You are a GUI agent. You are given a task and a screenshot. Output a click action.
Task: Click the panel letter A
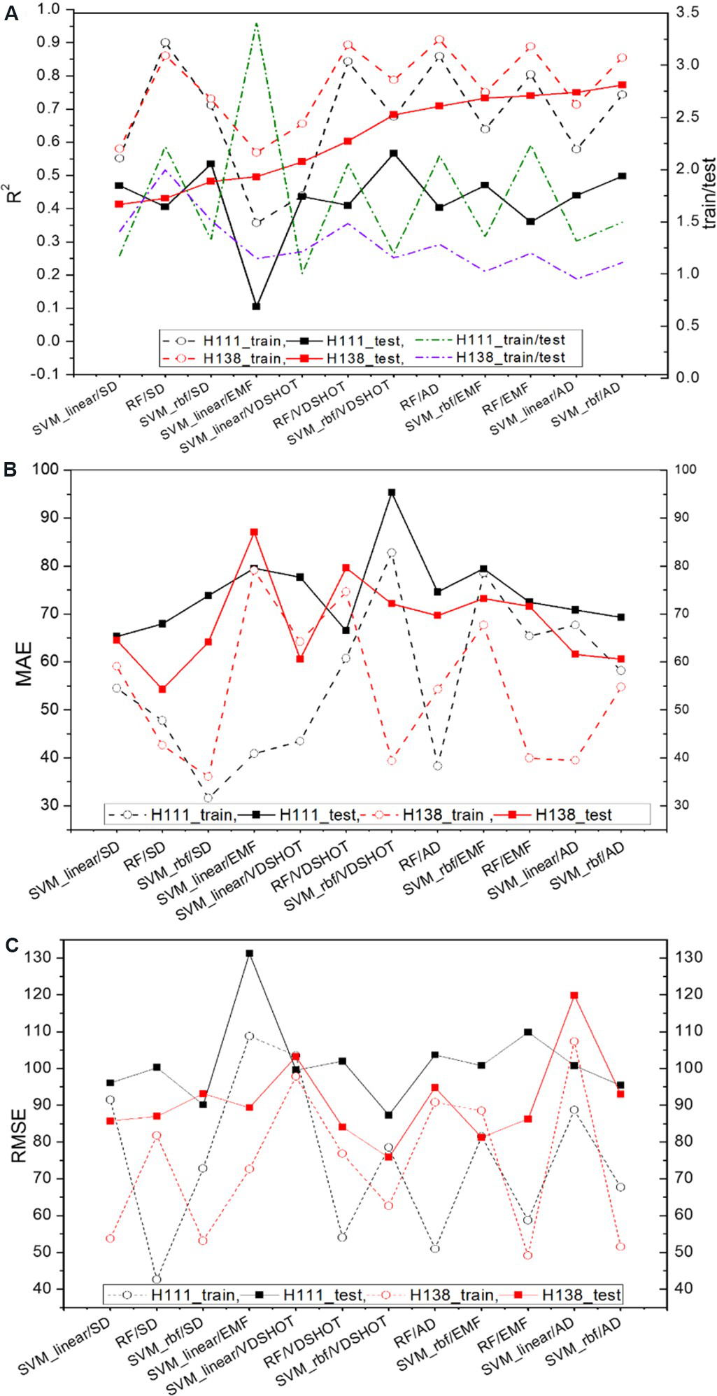point(11,13)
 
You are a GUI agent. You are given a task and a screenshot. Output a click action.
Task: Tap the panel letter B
point(10,470)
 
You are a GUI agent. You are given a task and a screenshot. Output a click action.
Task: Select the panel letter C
point(11,946)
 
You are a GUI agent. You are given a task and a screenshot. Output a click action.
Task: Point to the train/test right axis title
point(709,193)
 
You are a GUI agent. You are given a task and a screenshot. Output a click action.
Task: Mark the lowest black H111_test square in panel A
point(257,306)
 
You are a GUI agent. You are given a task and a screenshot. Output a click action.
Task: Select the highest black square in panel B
point(392,493)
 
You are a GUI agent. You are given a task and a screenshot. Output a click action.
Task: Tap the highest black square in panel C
point(250,953)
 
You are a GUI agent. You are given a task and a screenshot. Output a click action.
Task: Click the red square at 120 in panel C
point(574,995)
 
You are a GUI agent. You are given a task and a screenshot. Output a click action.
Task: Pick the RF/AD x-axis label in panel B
point(420,856)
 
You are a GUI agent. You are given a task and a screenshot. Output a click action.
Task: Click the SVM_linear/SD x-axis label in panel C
point(65,1344)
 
